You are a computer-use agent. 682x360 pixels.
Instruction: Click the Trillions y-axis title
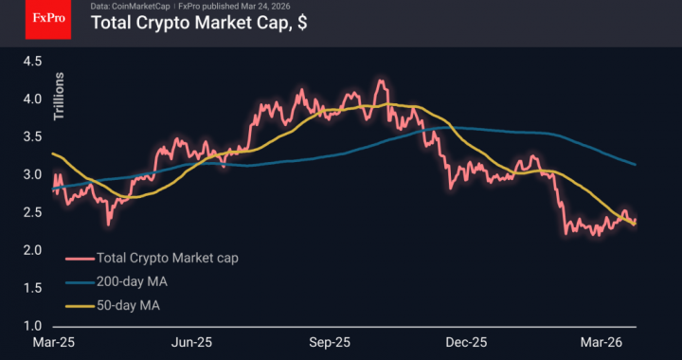(x=58, y=97)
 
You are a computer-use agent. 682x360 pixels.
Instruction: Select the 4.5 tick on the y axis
(x=32, y=61)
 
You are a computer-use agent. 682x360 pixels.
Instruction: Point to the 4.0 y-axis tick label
(x=32, y=99)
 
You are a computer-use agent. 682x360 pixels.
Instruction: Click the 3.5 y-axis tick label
(x=32, y=136)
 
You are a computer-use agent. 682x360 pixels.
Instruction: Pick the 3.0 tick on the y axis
(x=32, y=174)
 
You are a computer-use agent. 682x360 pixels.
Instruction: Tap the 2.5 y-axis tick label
(x=32, y=212)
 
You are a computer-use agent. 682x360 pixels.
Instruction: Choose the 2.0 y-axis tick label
(x=32, y=250)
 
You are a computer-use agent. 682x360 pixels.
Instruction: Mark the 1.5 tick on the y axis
(x=32, y=288)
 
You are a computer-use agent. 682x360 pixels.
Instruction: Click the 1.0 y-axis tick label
(x=32, y=326)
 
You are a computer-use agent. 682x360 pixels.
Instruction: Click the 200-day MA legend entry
(x=133, y=281)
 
